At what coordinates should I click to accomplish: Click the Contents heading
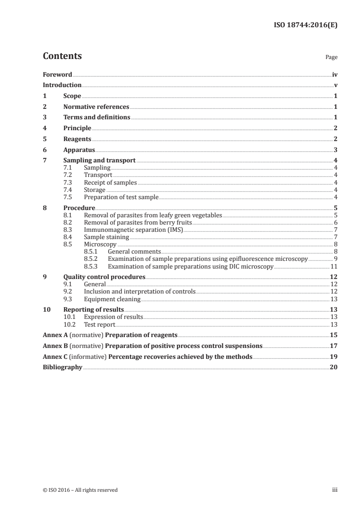coord(62,56)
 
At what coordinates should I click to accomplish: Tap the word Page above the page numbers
coord(331,58)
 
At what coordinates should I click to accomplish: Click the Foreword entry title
coord(57,74)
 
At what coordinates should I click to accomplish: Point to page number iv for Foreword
coord(335,74)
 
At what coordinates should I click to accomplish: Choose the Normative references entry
coord(96,107)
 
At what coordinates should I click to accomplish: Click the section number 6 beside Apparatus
coord(44,150)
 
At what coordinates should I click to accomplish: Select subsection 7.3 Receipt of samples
coord(110,182)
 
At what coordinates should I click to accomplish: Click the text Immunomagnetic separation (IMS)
coord(133,230)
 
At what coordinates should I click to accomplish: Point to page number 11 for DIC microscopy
coord(334,266)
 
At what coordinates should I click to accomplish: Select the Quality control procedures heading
coord(104,277)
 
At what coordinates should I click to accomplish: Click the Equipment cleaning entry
coord(112,299)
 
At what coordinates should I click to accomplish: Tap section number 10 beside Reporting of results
coord(46,309)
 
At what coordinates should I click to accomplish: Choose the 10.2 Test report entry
coord(99,324)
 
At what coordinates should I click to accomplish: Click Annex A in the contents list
coord(51,335)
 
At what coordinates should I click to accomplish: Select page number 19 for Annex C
coord(334,357)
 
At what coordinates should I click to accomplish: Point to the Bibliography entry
coord(62,367)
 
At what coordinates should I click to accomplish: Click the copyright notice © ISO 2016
coord(80,490)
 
